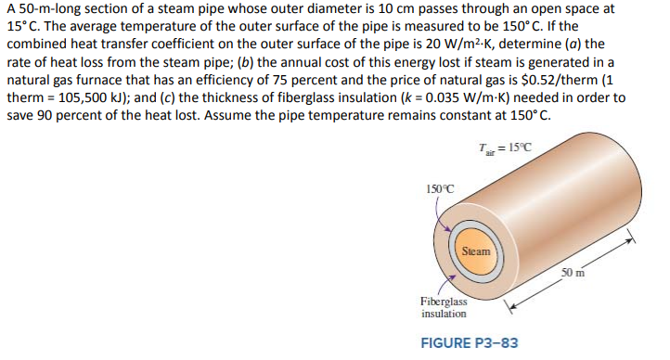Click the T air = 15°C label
coord(502,146)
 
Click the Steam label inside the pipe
coord(476,251)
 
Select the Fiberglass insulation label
coord(444,307)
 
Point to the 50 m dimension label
coord(573,271)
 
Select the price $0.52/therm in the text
coord(514,79)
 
